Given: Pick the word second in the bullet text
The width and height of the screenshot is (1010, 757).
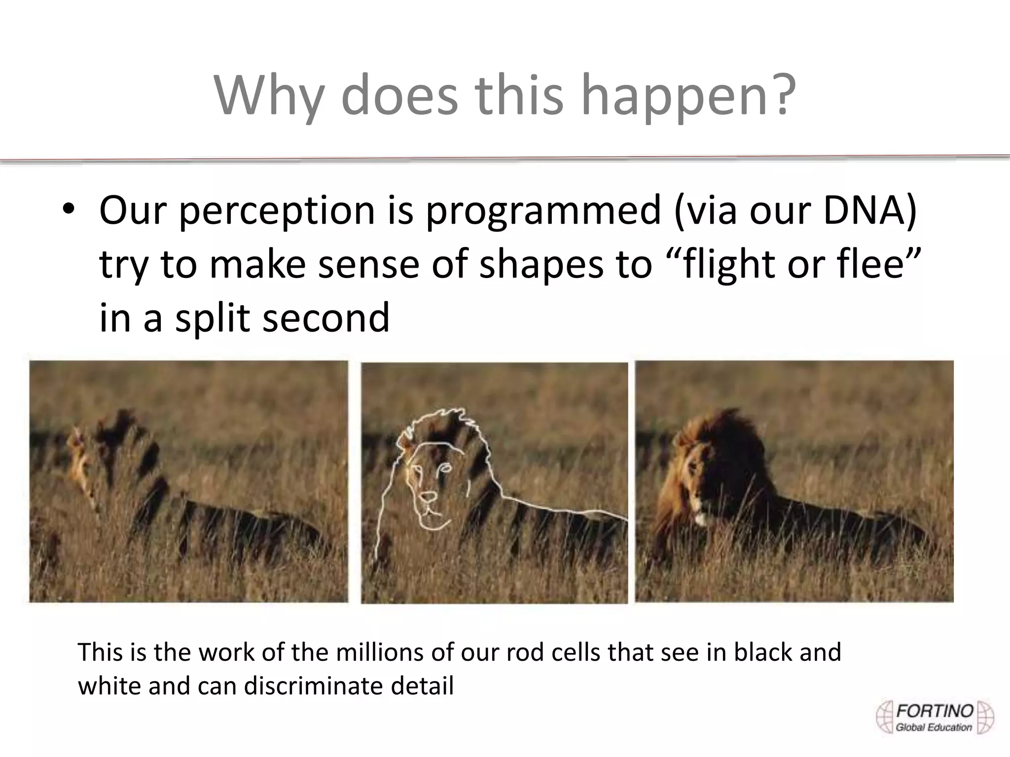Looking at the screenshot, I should [326, 318].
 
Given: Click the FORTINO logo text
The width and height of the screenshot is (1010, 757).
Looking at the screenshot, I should [935, 711].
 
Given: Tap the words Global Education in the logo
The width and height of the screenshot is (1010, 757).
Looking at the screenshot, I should [934, 727].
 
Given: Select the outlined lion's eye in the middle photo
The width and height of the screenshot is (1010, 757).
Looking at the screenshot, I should [445, 468].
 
